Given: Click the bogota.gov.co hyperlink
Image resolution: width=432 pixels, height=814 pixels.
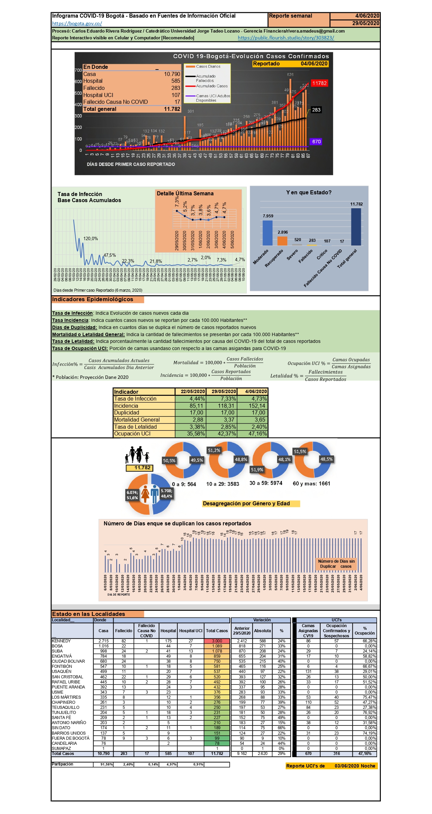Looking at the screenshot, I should tap(77, 23).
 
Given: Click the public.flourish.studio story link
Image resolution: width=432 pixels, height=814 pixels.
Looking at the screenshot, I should tap(286, 38).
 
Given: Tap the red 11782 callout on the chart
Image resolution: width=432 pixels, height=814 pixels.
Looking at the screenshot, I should tap(319, 83).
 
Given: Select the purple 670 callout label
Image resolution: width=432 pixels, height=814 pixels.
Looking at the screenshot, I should tap(316, 141).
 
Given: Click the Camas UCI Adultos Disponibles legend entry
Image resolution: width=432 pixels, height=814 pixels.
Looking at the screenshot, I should tap(212, 98).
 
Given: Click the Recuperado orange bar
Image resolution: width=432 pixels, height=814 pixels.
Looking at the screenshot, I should tap(282, 241).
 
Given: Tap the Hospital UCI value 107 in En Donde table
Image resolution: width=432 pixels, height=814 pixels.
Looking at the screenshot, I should tap(176, 95).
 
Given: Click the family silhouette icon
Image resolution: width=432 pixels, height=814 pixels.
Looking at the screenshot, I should tap(137, 455).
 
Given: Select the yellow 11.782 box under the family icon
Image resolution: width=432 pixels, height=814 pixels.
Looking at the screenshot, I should tap(140, 468).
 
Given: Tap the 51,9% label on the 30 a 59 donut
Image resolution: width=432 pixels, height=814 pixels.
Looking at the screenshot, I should tap(257, 470).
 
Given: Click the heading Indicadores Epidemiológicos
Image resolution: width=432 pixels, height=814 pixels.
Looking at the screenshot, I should tap(92, 299).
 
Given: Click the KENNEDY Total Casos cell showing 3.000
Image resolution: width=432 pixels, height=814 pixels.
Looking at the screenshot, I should tap(217, 641).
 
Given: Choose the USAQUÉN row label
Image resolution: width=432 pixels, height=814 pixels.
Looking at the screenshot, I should tap(62, 671).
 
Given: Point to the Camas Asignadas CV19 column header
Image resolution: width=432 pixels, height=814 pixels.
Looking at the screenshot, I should tap(308, 631).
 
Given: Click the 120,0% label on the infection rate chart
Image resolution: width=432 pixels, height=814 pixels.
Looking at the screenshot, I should tap(90, 238).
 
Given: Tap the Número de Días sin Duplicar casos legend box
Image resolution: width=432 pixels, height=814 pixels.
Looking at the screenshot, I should tap(336, 564).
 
